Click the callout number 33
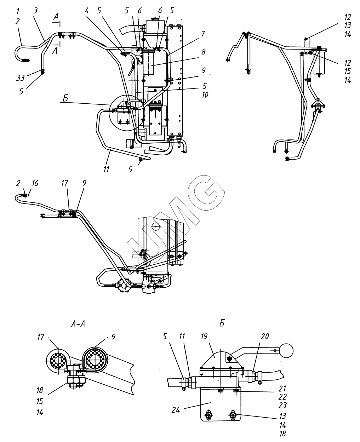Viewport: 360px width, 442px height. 21,78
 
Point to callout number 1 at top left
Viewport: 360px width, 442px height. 18,11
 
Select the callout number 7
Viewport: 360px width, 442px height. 203,34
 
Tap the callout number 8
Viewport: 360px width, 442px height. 204,52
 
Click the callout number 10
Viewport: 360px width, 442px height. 205,95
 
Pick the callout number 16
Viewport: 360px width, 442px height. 35,183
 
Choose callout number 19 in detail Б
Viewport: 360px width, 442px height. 204,337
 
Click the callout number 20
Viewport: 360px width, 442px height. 265,336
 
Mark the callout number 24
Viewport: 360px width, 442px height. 176,410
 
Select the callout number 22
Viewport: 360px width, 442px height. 282,397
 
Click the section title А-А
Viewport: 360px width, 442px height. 78,324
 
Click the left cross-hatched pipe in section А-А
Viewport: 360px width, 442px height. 58,361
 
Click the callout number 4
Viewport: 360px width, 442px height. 87,11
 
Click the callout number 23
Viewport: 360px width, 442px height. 282,405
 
